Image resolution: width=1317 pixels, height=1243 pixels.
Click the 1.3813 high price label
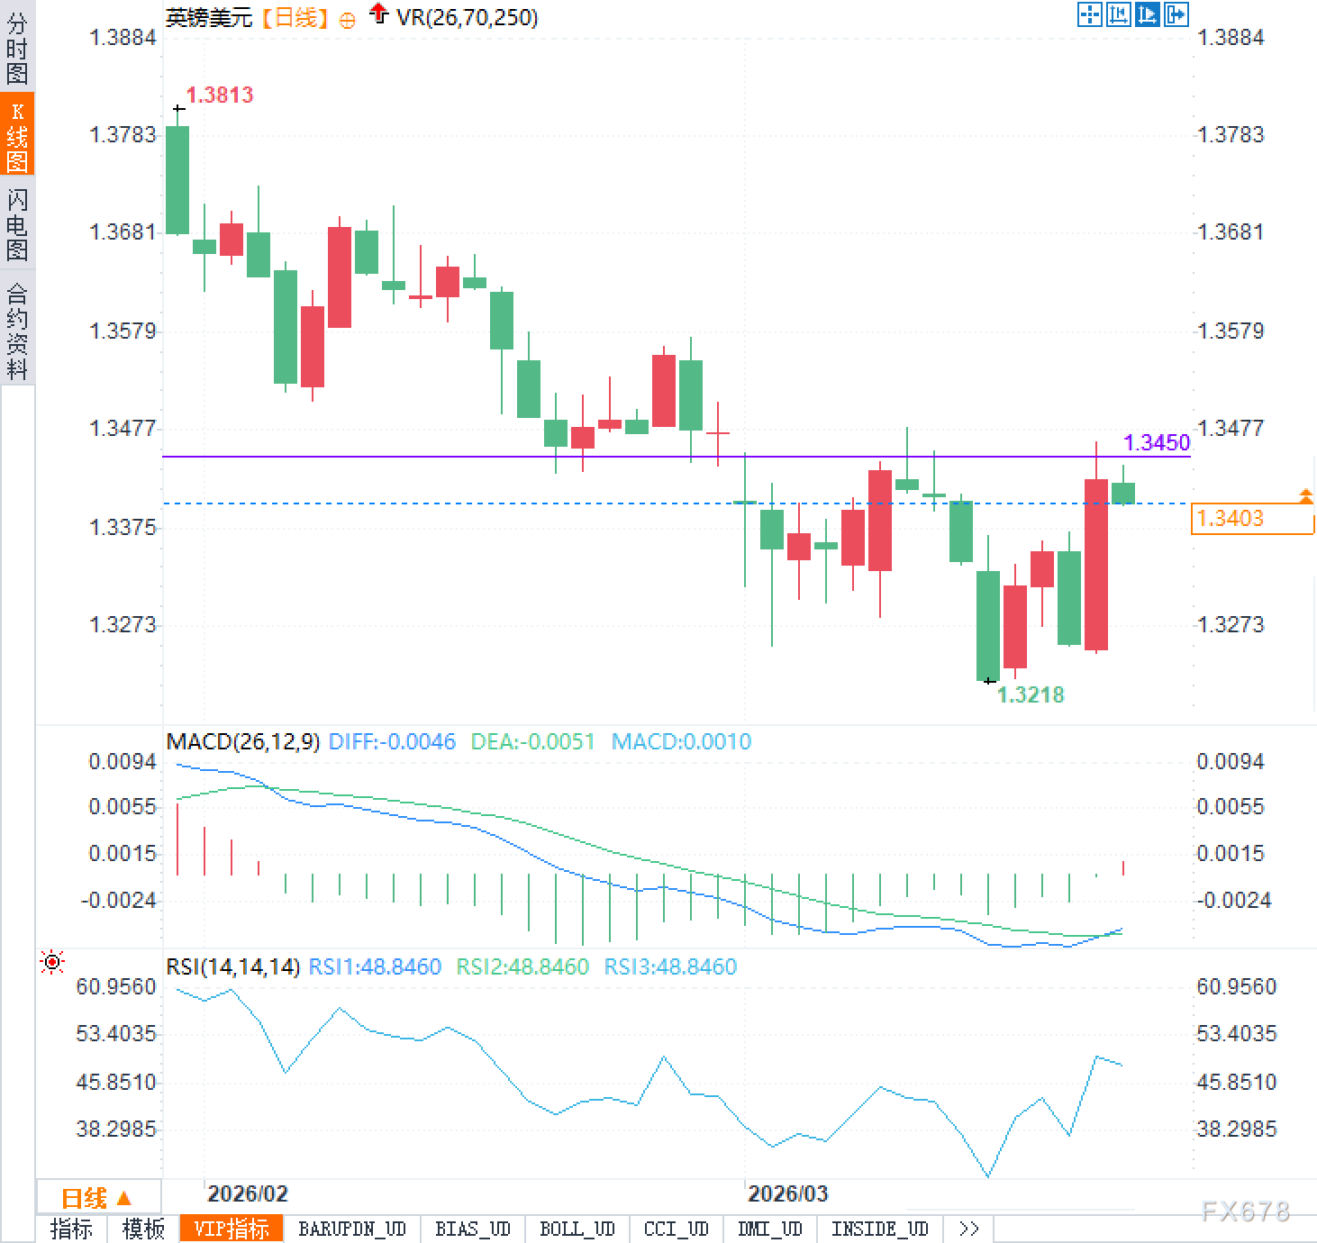coord(219,95)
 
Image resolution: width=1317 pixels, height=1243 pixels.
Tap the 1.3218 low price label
coord(1031,694)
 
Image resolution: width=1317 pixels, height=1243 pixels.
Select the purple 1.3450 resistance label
coord(1157,442)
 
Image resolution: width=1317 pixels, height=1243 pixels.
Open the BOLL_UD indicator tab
coord(577,1229)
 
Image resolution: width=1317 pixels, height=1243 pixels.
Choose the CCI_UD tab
coord(676,1229)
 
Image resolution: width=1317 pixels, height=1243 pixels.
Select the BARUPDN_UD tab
coord(352,1229)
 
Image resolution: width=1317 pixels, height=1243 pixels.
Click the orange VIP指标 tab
coord(231,1229)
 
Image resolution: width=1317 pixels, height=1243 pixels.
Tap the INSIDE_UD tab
coord(879,1229)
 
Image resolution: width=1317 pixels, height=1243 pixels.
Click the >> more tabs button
coord(969,1229)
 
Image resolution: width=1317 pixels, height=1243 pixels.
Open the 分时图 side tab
coord(17,49)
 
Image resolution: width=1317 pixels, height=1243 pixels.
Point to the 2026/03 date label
coord(787,1193)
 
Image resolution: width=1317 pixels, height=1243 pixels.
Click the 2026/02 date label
coord(247,1193)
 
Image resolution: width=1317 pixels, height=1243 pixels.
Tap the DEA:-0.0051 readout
coord(532,741)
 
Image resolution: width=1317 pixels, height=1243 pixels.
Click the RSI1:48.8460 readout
coord(375,966)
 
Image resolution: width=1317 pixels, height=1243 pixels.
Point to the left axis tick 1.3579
coord(123,331)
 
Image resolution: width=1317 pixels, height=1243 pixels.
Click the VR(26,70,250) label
coord(467,17)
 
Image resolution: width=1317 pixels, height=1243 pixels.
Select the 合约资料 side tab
coord(17,331)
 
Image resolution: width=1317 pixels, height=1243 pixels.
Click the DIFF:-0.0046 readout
coord(392,741)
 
